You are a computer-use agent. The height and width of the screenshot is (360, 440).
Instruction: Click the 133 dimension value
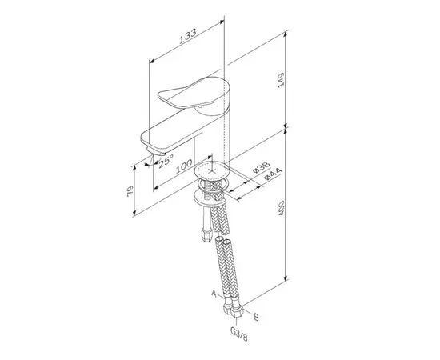(x=188, y=36)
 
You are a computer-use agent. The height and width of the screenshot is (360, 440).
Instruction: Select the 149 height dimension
(x=281, y=80)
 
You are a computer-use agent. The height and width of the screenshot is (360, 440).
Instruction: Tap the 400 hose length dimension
(x=281, y=208)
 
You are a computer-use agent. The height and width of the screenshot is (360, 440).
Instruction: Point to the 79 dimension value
(x=130, y=191)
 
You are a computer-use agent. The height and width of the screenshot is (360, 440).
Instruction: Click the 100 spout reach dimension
(x=184, y=166)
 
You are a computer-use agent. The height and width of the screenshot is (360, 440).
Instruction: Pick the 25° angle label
(x=166, y=162)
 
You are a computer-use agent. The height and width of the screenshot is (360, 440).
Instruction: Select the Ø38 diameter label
(x=262, y=167)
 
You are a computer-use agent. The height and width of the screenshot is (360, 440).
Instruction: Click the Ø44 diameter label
(x=273, y=174)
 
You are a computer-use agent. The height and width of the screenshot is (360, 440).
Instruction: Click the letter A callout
(x=214, y=294)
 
